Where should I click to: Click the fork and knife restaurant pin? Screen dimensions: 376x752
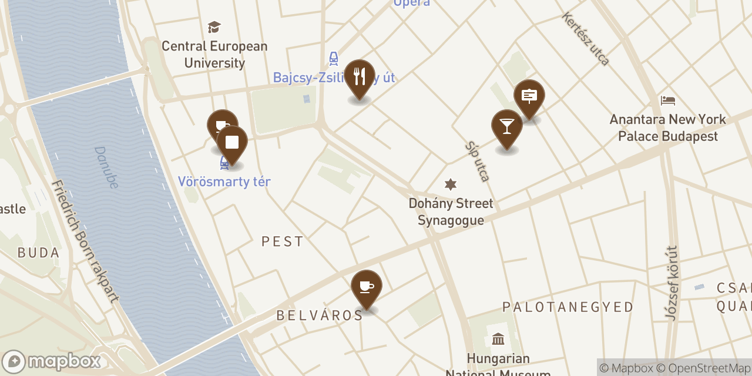(x=360, y=76)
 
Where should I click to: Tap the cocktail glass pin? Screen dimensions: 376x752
(x=506, y=126)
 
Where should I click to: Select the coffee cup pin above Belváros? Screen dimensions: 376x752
(x=367, y=287)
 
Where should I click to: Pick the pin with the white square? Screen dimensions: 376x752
(x=232, y=143)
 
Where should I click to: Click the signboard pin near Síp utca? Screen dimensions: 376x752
(x=529, y=96)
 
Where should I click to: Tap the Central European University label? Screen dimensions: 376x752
(x=214, y=54)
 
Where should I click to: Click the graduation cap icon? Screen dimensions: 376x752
(x=214, y=27)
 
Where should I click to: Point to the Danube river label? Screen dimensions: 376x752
(x=106, y=167)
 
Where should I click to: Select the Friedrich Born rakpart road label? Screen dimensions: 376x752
(x=85, y=241)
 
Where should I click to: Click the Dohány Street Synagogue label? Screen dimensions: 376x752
(x=451, y=211)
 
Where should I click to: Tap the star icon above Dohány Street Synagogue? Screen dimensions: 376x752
(x=451, y=184)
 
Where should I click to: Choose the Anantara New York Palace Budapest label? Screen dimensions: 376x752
(x=668, y=127)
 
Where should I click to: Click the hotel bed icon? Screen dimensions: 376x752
(x=668, y=100)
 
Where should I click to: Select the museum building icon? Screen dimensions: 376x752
(x=498, y=339)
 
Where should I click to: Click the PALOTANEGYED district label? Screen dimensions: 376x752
(x=568, y=307)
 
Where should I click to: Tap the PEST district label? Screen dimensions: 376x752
(x=283, y=241)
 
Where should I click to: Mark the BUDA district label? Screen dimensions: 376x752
(x=39, y=253)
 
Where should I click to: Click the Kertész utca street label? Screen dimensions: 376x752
(x=586, y=39)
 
